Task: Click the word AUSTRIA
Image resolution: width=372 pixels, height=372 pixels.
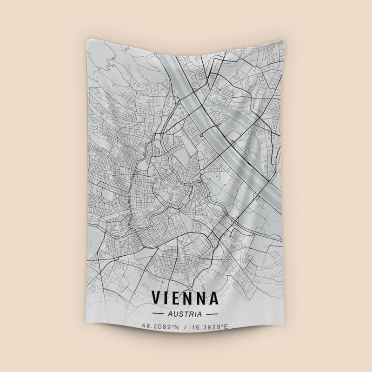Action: click(x=186, y=314)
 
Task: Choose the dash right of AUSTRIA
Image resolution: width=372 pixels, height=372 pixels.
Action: click(x=213, y=314)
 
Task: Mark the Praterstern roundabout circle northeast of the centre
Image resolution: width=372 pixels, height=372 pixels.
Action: click(x=202, y=173)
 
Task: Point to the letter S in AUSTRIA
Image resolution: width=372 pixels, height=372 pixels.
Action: click(x=180, y=314)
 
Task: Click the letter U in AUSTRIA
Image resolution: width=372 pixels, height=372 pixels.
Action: click(x=174, y=314)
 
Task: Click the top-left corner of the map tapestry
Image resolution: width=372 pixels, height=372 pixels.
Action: click(x=87, y=41)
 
